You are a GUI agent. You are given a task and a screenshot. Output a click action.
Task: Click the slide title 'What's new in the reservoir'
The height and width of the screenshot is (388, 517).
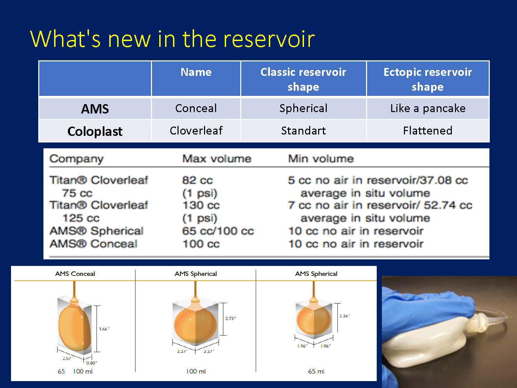[x=172, y=39]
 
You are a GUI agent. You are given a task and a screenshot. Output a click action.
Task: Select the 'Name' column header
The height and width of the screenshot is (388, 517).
[x=196, y=72]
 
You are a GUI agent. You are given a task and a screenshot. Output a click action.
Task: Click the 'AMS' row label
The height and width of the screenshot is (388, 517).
[x=95, y=109]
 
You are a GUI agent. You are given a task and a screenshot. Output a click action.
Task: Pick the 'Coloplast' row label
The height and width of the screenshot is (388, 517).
[x=95, y=131]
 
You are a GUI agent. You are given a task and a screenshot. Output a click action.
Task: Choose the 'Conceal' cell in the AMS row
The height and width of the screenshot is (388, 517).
[x=196, y=108]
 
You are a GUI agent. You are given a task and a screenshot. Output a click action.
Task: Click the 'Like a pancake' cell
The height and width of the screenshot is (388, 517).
[x=428, y=108]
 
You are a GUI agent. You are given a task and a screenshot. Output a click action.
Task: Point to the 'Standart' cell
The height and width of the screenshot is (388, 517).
[x=303, y=130]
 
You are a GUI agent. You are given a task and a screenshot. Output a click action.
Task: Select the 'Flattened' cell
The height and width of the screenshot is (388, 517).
[x=428, y=130]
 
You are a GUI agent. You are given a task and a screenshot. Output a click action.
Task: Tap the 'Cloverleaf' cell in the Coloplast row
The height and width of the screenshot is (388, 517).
[x=196, y=130]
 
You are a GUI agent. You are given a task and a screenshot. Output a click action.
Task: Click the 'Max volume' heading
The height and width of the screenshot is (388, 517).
[x=217, y=159]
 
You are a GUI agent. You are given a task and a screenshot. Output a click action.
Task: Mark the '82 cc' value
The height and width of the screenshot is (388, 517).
[x=197, y=180]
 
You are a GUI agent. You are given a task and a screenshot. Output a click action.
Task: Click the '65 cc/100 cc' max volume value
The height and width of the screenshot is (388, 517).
[x=218, y=231]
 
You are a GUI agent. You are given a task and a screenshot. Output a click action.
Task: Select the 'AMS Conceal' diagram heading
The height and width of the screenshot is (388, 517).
[x=75, y=274]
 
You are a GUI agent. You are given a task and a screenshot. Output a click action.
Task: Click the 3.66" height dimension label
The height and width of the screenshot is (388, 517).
[x=104, y=329]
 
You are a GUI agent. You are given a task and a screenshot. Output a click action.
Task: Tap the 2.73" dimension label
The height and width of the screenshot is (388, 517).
[x=230, y=318]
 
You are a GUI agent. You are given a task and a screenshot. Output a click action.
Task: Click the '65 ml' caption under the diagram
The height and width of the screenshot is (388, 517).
[x=316, y=371]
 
